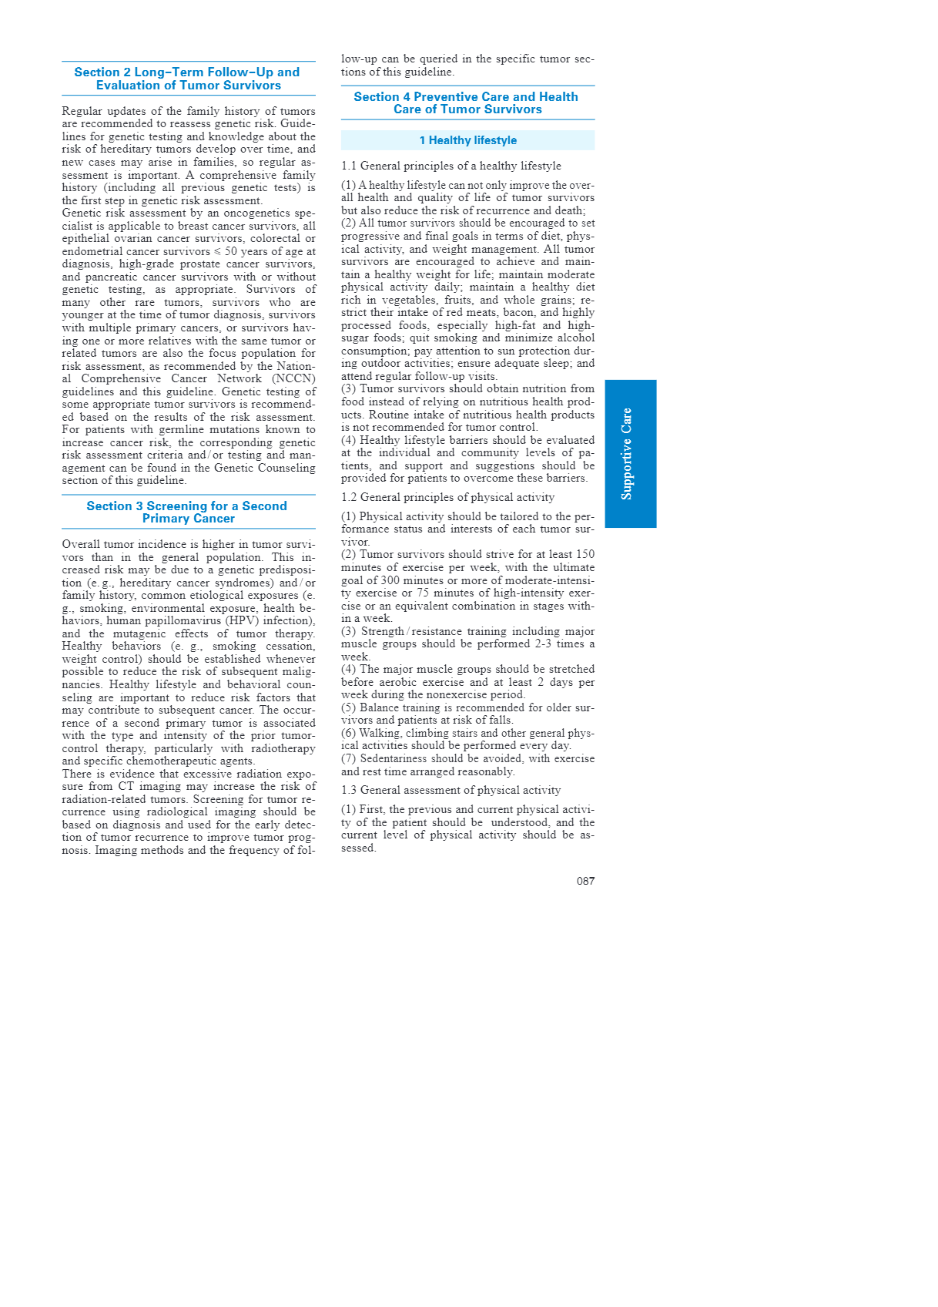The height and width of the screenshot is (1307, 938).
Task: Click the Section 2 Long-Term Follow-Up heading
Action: coord(187,79)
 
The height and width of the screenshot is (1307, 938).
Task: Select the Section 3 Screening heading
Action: coord(187,512)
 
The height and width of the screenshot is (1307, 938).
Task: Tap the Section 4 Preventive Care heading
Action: coord(467,102)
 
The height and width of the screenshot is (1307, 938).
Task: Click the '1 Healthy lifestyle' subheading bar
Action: coord(467,140)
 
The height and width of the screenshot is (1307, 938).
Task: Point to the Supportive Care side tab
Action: coord(630,453)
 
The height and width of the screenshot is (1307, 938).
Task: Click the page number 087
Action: coord(585,881)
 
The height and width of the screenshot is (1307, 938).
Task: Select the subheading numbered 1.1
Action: coord(451,166)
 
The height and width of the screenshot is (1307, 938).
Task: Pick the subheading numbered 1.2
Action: coord(447,497)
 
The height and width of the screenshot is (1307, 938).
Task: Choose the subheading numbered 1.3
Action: coord(451,790)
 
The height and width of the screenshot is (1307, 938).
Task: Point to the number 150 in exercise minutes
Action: coord(585,554)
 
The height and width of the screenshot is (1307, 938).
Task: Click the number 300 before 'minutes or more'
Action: coord(393,580)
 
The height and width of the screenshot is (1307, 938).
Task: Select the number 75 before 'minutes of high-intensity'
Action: coord(423,593)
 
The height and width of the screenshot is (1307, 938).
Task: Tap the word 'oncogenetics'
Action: coord(263,213)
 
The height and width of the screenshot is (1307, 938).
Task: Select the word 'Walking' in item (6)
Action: coord(380,733)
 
